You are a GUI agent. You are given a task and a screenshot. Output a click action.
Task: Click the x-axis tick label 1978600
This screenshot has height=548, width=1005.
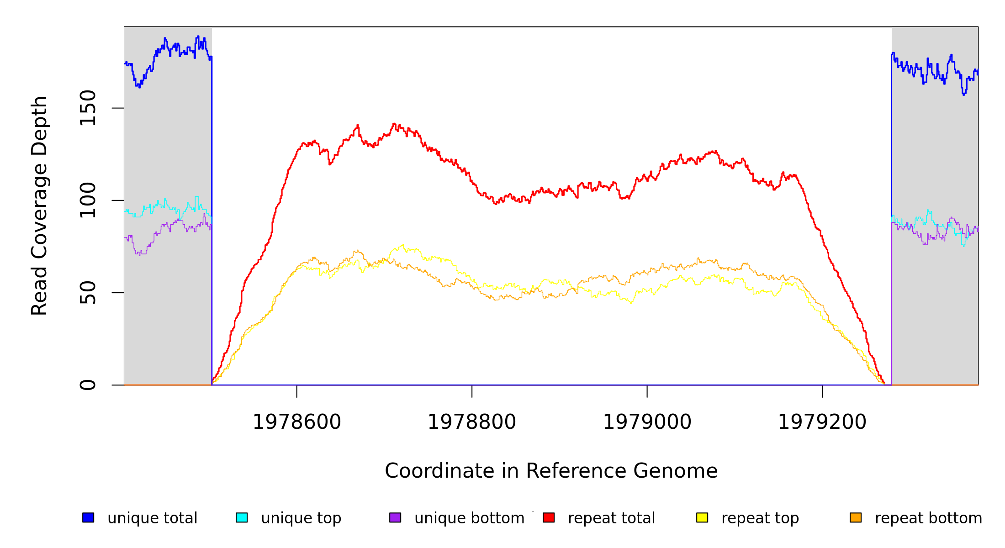tap(297, 422)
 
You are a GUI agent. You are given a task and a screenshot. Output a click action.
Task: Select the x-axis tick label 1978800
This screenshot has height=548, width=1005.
tap(471, 422)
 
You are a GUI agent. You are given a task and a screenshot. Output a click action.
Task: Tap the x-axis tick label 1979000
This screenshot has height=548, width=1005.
tap(647, 422)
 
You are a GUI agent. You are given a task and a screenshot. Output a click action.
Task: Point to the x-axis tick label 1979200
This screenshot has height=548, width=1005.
tap(822, 422)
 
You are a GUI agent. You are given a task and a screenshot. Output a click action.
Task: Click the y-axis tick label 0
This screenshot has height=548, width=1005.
tap(88, 385)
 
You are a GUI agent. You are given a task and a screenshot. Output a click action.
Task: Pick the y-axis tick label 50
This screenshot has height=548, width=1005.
tap(88, 293)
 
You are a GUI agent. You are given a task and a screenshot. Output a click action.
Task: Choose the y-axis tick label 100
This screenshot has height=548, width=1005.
tap(88, 200)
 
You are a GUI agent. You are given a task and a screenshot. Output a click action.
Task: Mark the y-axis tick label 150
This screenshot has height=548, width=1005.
tap(88, 108)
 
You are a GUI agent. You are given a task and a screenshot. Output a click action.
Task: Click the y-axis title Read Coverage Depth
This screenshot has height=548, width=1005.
tap(39, 205)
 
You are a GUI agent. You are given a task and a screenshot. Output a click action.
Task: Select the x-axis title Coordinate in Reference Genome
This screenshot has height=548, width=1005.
tap(551, 471)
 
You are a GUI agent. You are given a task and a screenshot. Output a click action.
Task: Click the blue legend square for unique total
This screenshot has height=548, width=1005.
tap(88, 517)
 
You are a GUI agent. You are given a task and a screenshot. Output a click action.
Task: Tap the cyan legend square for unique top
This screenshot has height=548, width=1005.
tap(242, 517)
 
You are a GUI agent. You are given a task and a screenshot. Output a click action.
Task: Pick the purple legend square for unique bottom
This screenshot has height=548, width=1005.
tap(395, 517)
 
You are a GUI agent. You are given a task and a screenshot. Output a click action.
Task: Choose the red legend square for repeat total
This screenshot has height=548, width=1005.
tap(549, 517)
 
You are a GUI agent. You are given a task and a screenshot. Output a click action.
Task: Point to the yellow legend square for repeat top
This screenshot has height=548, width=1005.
tap(702, 517)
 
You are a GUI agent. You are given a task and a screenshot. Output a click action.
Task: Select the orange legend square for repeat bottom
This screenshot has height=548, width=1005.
tap(856, 517)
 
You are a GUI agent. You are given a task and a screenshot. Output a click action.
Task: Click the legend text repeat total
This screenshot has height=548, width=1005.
tap(611, 518)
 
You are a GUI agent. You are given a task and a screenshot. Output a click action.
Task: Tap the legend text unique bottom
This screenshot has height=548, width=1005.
tap(469, 518)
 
